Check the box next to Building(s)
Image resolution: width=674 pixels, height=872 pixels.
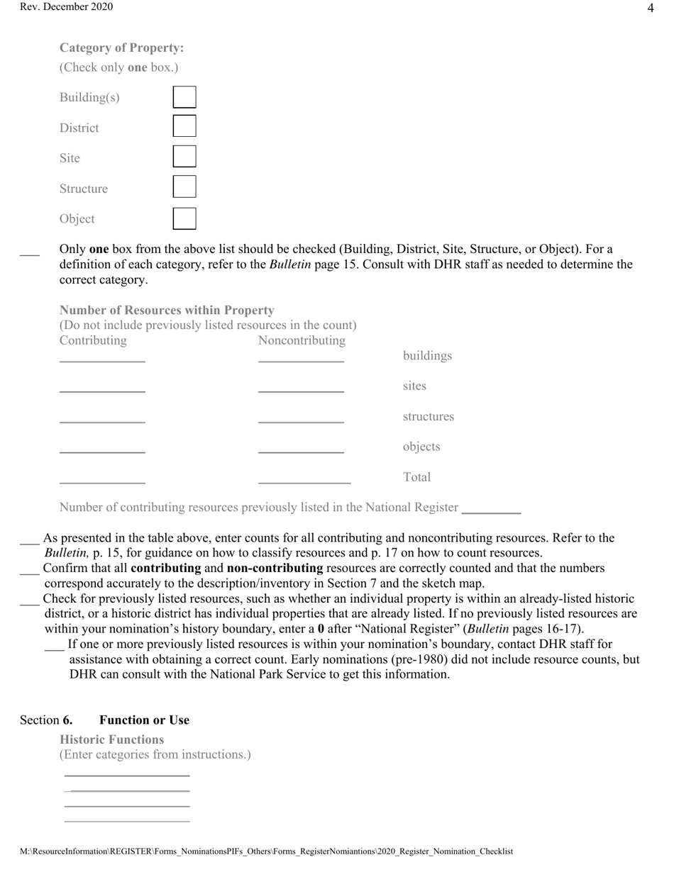tap(184, 97)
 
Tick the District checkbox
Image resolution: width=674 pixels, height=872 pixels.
tap(184, 126)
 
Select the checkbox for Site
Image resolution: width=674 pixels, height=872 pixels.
tap(184, 157)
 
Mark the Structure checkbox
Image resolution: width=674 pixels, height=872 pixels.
tap(184, 187)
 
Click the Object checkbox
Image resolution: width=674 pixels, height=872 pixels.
tap(184, 218)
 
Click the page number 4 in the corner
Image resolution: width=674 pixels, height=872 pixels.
tap(651, 9)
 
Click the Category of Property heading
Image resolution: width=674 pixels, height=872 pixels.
tap(121, 48)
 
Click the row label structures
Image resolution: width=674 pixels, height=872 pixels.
tap(428, 417)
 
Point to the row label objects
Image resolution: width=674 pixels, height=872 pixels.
tap(421, 447)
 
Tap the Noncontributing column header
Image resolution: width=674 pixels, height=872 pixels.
tap(302, 341)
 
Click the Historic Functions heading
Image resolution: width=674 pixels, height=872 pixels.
tap(111, 739)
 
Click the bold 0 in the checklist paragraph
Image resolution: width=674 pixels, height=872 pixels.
tap(321, 629)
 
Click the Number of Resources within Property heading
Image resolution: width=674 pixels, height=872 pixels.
tap(167, 311)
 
